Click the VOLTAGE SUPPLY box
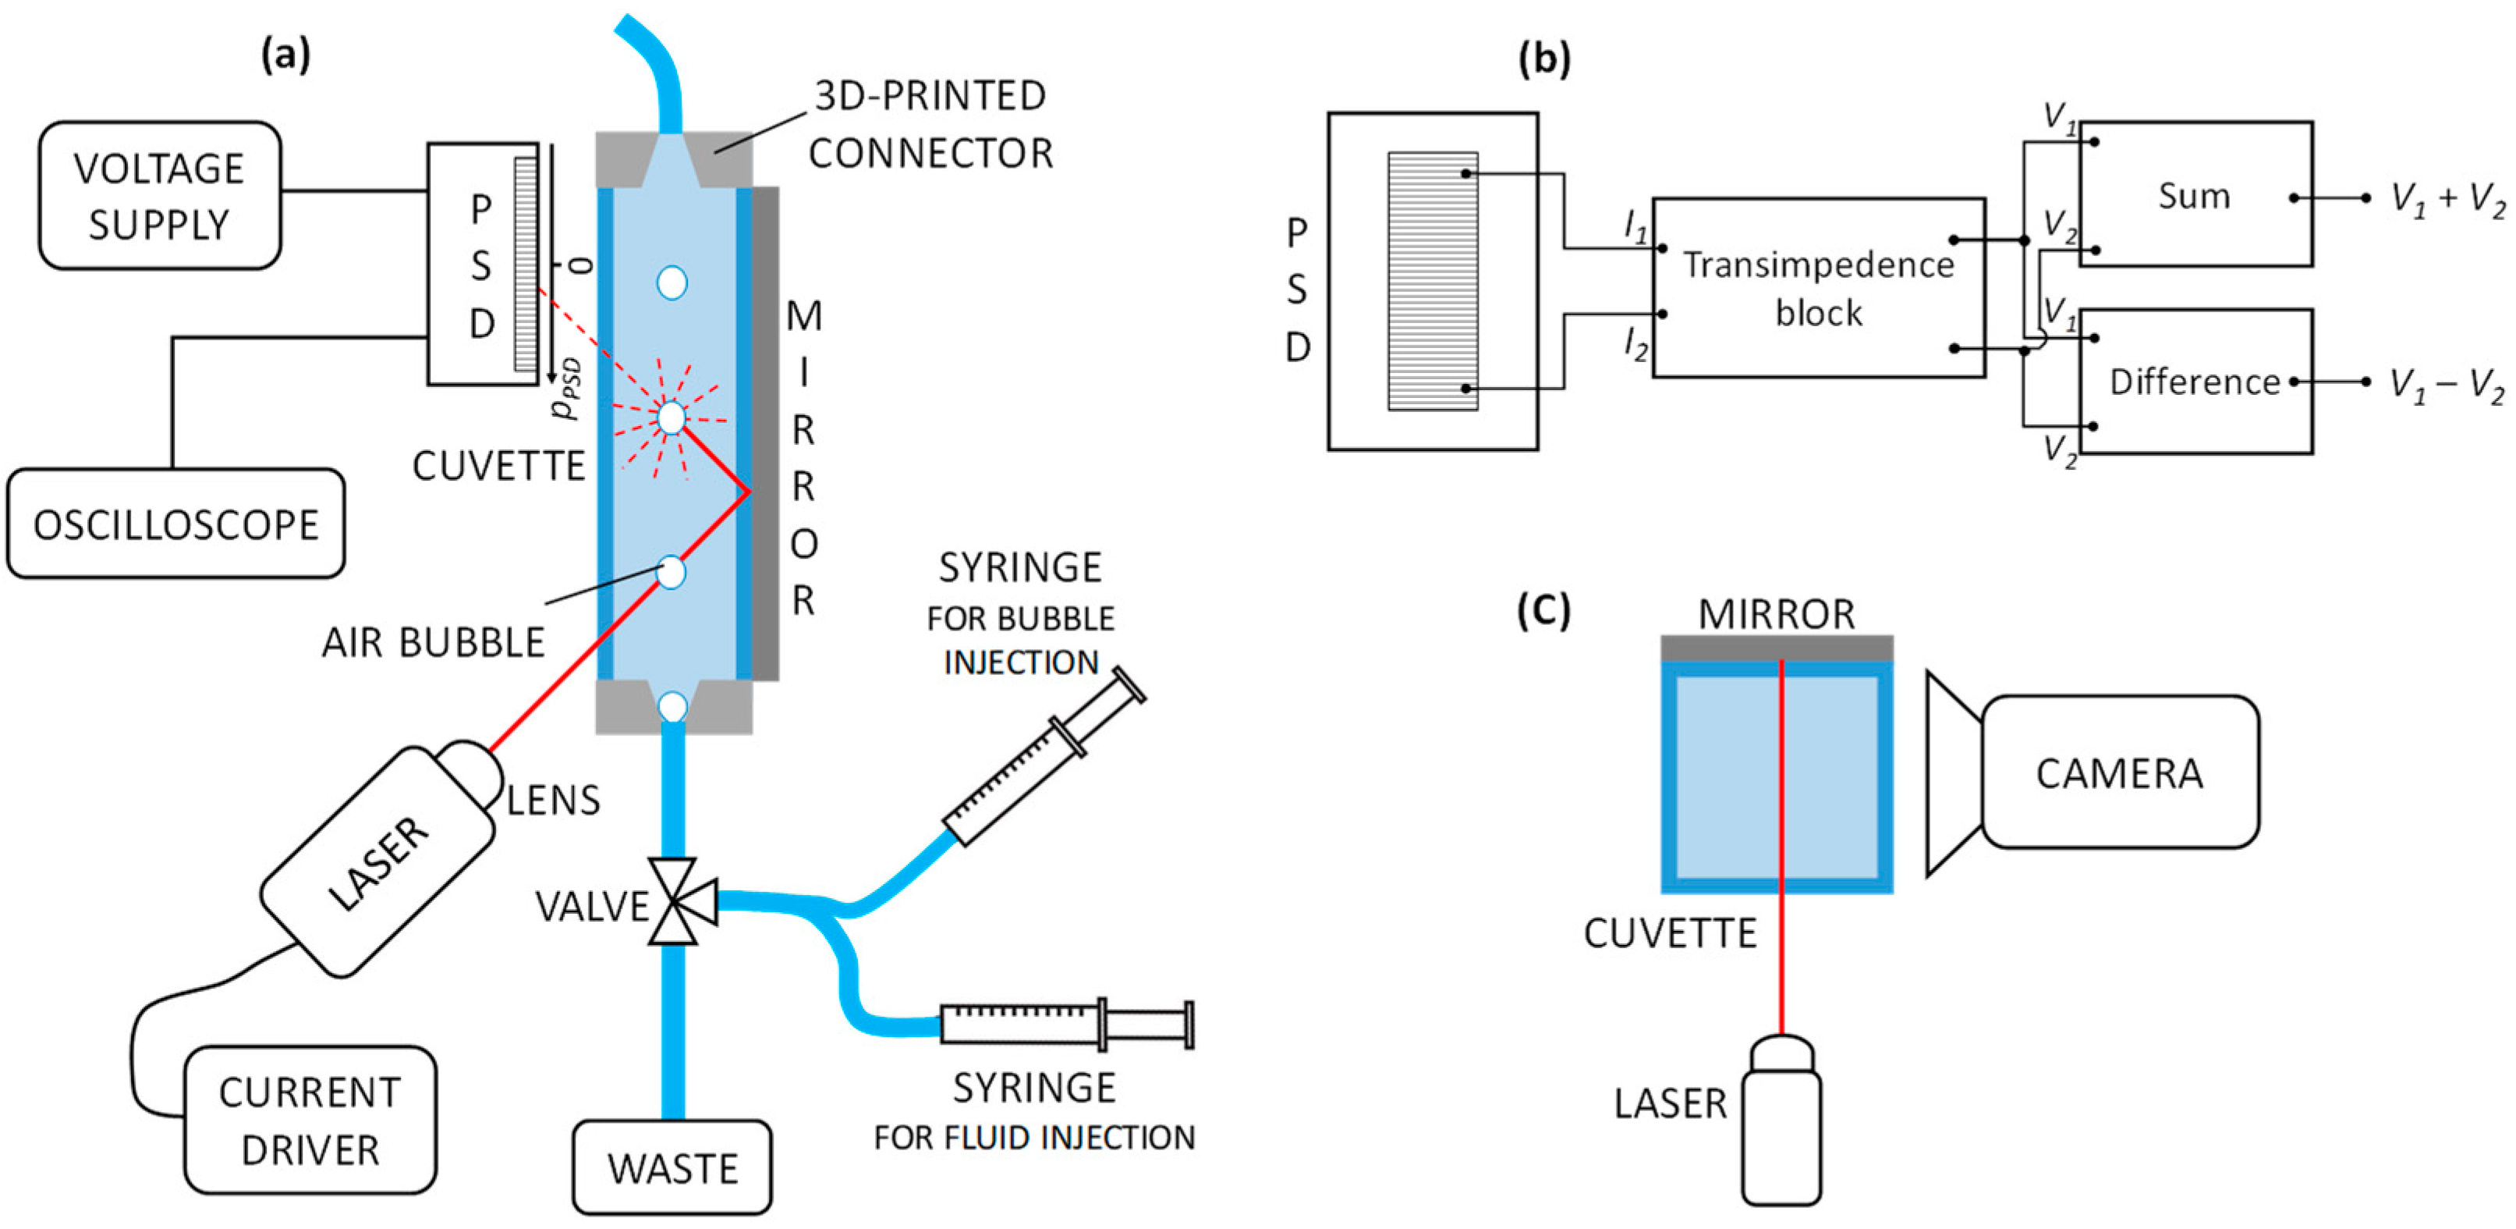[x=159, y=195]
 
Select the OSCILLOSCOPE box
[x=175, y=524]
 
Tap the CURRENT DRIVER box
[x=310, y=1120]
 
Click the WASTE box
[x=672, y=1167]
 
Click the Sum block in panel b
[x=2195, y=195]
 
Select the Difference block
[x=2195, y=381]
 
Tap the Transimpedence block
[x=1818, y=288]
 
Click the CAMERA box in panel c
[x=2120, y=772]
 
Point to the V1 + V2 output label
[x=2447, y=199]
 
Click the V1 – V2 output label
[x=2447, y=384]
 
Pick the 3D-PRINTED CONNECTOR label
[x=930, y=124]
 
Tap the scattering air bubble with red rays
[x=671, y=418]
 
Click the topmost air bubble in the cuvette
[x=671, y=283]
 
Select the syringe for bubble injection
[x=1043, y=756]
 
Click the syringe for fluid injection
[x=1065, y=1024]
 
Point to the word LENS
[x=553, y=800]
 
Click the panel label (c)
[x=1543, y=609]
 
